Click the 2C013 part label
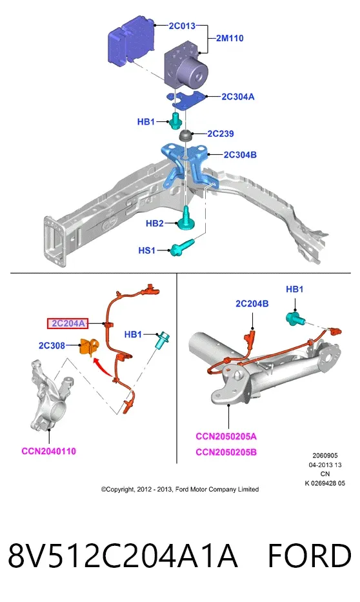[x=182, y=26]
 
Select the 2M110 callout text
[x=230, y=38]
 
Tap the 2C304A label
[x=237, y=96]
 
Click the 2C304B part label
[x=240, y=155]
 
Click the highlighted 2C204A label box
[x=68, y=324]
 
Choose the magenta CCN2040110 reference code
[x=49, y=451]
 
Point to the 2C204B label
[x=252, y=304]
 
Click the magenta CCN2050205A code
[x=226, y=437]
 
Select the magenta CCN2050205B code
[x=226, y=452]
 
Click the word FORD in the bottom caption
[x=309, y=556]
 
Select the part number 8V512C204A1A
[x=123, y=556]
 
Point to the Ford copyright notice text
[x=179, y=489]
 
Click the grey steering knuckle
[x=52, y=396]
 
